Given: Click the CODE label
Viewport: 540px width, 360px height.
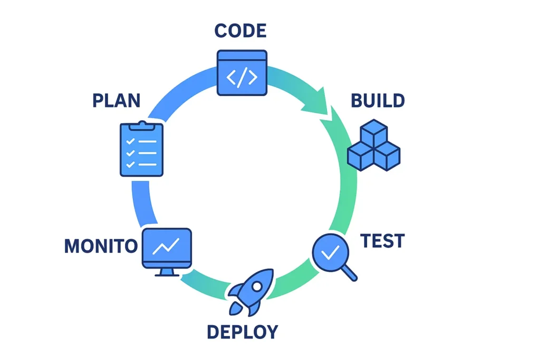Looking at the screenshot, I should coord(240,31).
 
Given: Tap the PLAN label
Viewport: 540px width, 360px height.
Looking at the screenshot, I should coord(117,100).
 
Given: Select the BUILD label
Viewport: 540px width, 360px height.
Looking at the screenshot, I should coord(378,100).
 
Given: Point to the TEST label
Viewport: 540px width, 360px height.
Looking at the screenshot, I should coord(382,241).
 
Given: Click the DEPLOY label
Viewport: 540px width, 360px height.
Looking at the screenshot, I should coord(242,332).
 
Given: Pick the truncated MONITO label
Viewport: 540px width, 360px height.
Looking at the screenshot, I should coord(101,246).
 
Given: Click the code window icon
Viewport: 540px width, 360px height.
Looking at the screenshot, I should coord(242,73).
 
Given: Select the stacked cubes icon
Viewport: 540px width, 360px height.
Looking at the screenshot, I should coord(374,146).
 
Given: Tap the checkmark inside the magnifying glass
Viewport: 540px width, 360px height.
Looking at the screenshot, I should coord(330,252).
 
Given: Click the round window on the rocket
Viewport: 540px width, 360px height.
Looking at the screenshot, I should coord(257,286).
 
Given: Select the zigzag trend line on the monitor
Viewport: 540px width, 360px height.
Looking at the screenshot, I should coord(167,246).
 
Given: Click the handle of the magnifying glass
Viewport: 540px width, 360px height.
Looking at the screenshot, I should coord(349,273).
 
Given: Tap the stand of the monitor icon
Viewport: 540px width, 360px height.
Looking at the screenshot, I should coord(167,271).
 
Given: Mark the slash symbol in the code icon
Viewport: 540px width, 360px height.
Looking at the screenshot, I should coord(242,77).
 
